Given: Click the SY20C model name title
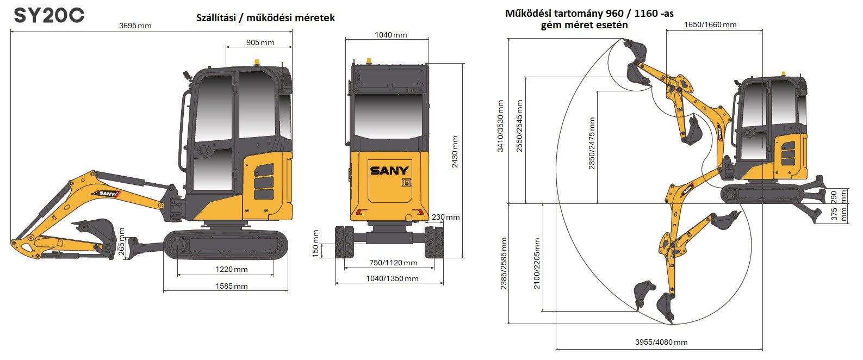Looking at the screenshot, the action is click(49, 16).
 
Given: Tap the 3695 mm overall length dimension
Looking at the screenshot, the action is click(135, 26).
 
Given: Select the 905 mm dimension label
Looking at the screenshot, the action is click(260, 42).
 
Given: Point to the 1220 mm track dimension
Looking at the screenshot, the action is click(232, 269).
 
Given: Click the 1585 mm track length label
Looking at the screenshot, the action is click(232, 286).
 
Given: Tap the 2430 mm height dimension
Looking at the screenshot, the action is click(455, 152).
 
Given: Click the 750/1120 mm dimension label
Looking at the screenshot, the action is click(393, 263).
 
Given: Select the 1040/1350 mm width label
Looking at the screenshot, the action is click(392, 278).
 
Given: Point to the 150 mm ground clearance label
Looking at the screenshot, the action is click(316, 244).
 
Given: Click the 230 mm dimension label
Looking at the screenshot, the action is click(446, 217).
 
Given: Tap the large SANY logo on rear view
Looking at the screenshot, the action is click(389, 170).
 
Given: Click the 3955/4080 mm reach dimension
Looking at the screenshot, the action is click(661, 342).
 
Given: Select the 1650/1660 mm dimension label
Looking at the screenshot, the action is click(710, 24).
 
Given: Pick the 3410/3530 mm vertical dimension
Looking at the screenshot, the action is click(500, 126).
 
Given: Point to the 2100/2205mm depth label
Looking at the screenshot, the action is click(537, 263).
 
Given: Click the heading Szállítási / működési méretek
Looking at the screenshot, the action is click(265, 18).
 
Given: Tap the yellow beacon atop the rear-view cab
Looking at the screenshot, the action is click(369, 60).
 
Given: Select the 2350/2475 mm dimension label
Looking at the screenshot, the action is click(592, 143).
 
